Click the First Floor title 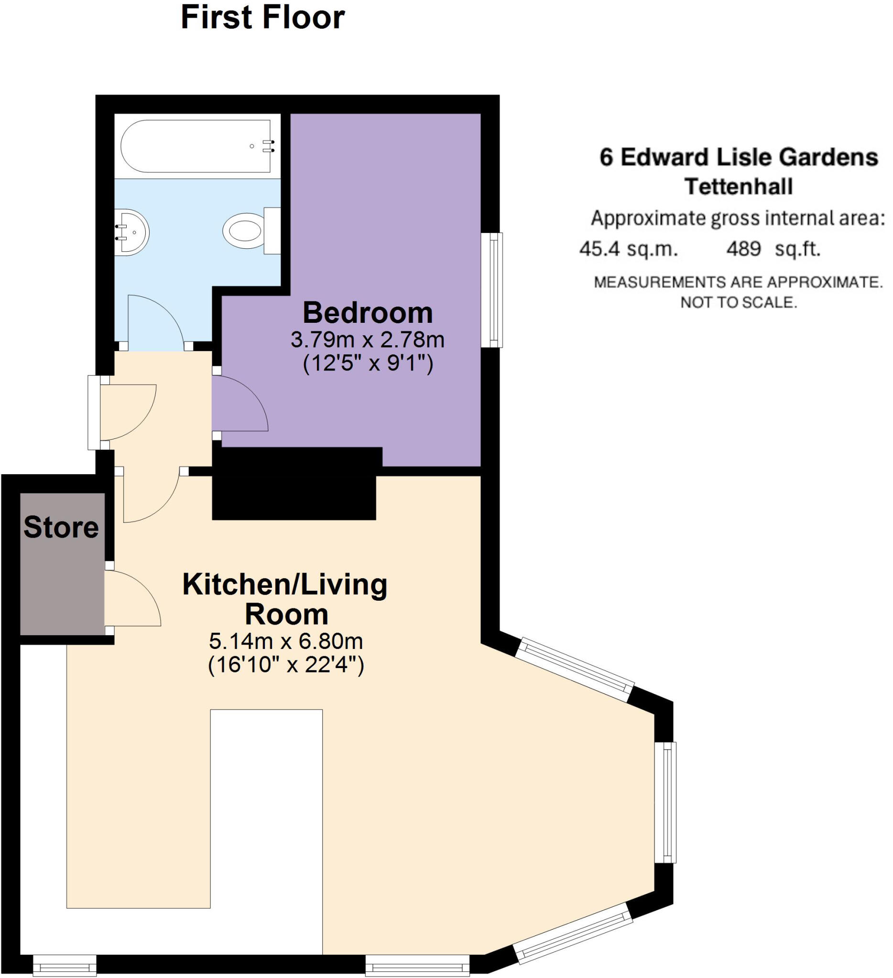(262, 18)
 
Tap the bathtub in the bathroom (196, 146)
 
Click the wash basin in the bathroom (132, 233)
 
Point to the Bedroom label (368, 313)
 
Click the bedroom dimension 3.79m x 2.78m (368, 340)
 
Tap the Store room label (61, 527)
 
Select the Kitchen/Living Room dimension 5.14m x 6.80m (285, 641)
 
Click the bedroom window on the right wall (492, 289)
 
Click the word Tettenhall (739, 187)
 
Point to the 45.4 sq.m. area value (628, 249)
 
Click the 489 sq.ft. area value (773, 249)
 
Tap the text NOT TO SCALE (738, 303)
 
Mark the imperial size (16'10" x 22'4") (285, 665)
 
